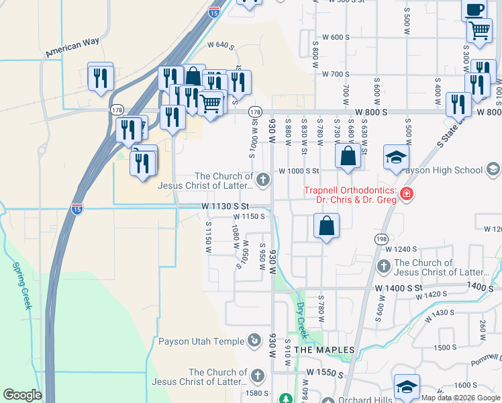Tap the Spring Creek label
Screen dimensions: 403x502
(x=21, y=285)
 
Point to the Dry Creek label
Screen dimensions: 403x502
(x=301, y=320)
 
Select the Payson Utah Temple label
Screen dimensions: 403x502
(x=201, y=341)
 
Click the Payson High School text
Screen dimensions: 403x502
(x=445, y=170)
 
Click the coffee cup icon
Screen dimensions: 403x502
(x=474, y=9)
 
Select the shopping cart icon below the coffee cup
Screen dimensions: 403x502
(x=479, y=30)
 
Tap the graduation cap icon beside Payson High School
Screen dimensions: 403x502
(x=396, y=157)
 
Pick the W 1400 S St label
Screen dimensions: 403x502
(x=399, y=287)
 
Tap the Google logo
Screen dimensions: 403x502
(x=23, y=395)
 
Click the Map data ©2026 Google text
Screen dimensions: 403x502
(x=460, y=398)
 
